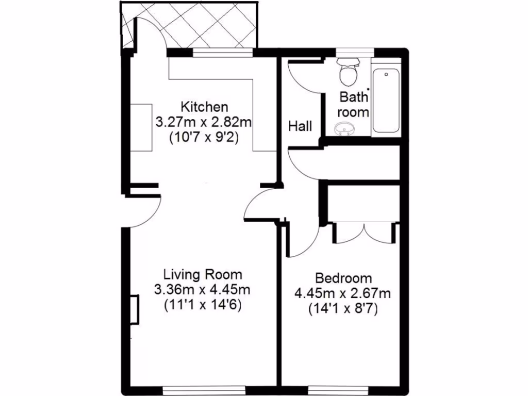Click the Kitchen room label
pos(204,107)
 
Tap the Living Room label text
pos(203,274)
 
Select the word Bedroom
pos(343,278)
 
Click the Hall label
pos(300,126)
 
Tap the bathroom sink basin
pos(344,128)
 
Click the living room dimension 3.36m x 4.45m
pos(203,289)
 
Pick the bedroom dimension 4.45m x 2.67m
pos(343,293)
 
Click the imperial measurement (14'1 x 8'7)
pos(343,309)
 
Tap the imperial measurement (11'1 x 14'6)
pos(203,304)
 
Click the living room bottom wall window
pos(202,388)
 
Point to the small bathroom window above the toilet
pos(354,52)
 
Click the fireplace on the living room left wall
pos(134,309)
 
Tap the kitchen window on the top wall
pos(223,52)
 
